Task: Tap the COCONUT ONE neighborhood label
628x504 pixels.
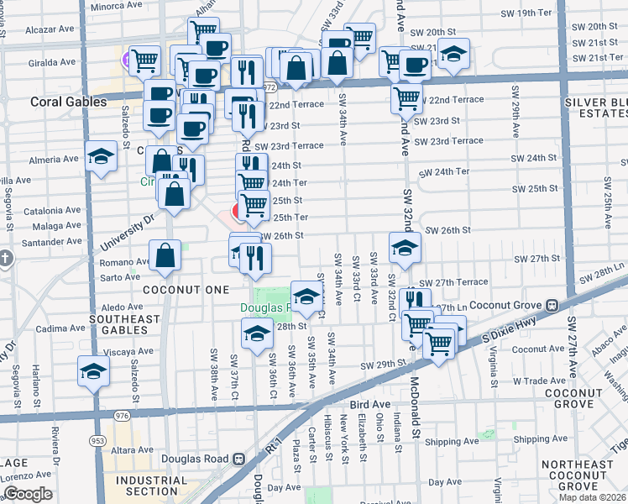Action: pyautogui.click(x=185, y=290)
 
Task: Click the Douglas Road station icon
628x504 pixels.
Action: pyautogui.click(x=238, y=459)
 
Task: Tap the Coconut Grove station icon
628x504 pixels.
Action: pyautogui.click(x=552, y=305)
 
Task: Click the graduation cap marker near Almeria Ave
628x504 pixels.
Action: pyautogui.click(x=101, y=155)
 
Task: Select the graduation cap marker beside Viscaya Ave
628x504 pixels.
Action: pyautogui.click(x=94, y=370)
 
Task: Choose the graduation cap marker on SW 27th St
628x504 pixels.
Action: pyautogui.click(x=405, y=247)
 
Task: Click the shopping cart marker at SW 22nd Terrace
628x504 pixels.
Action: pyautogui.click(x=407, y=97)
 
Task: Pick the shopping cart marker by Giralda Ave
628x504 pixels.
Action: pyautogui.click(x=145, y=60)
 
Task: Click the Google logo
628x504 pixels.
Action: pyautogui.click(x=28, y=494)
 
